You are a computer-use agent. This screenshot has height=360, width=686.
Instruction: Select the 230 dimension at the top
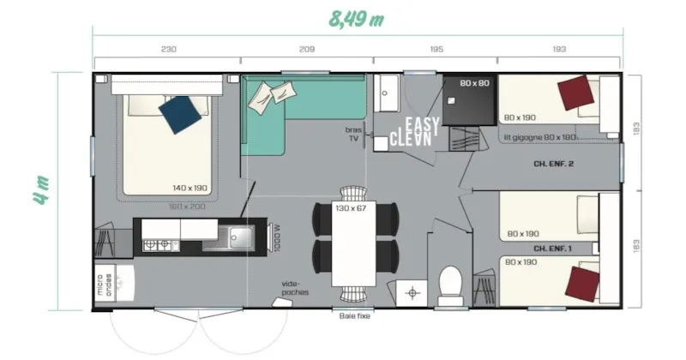pos(168,50)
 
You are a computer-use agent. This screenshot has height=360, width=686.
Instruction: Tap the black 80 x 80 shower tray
pos(470,96)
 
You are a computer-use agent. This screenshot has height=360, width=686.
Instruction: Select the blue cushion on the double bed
pos(183,114)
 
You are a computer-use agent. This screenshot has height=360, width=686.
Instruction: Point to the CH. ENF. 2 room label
pos(553,163)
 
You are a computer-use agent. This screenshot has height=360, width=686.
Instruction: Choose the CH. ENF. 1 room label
pos(553,249)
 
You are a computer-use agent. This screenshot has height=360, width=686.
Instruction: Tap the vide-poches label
pos(295,287)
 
